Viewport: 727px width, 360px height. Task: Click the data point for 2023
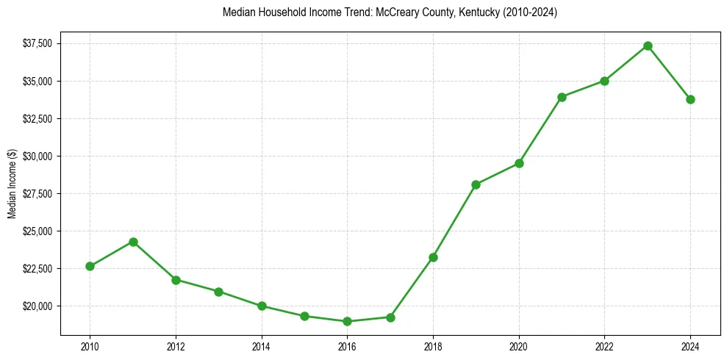tap(648, 46)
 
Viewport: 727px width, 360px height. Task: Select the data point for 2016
tap(347, 321)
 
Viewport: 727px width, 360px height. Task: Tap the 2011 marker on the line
tap(133, 242)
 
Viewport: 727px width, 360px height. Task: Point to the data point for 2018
tap(433, 257)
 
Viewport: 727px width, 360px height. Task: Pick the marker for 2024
tap(690, 99)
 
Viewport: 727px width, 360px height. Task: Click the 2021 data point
tap(562, 97)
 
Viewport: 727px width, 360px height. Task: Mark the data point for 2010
tap(90, 266)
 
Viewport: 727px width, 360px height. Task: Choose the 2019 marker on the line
tap(476, 184)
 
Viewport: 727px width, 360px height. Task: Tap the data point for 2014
tap(262, 306)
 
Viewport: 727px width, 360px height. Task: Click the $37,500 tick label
tap(37, 43)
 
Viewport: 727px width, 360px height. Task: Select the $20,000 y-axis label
tap(37, 306)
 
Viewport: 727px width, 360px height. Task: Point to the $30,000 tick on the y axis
tap(37, 156)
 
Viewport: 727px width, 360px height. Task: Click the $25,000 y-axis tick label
tap(37, 231)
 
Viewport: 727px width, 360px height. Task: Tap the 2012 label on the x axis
tap(176, 346)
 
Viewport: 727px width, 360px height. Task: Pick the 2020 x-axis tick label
tap(519, 346)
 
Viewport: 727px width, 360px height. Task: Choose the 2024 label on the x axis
tap(690, 346)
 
